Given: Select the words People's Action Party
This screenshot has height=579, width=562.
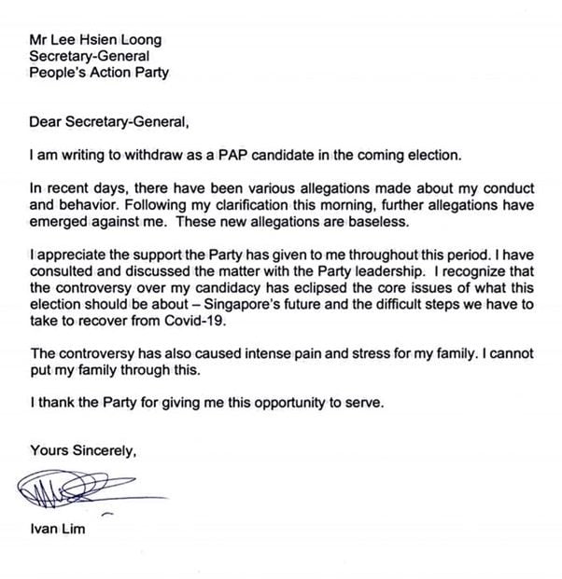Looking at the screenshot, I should [99, 74].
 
